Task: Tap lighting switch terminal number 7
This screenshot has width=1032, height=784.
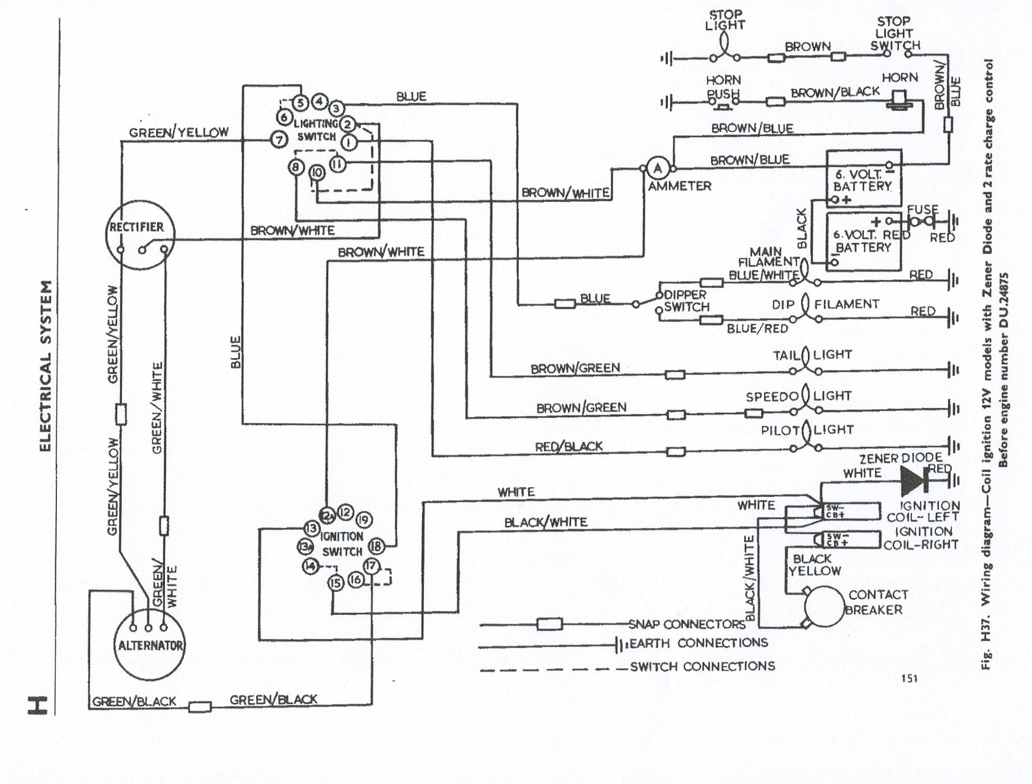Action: pos(278,140)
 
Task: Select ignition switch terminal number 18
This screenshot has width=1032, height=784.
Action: pos(377,546)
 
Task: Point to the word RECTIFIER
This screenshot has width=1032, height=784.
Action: pos(137,227)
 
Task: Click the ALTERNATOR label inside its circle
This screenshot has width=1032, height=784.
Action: pos(151,646)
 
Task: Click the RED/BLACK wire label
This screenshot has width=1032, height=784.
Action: pos(568,447)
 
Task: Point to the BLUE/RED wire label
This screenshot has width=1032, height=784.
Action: pos(757,329)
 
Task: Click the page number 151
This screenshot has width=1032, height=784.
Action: pos(909,678)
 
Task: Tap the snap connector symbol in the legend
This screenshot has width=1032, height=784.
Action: pos(550,624)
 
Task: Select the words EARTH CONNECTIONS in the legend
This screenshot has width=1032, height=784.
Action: pos(699,643)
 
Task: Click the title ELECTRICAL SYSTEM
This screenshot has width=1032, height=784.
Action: pos(46,365)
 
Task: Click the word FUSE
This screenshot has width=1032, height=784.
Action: pos(922,210)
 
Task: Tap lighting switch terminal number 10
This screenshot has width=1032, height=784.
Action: pos(316,173)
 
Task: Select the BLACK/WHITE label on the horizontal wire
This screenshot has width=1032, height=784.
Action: pos(546,522)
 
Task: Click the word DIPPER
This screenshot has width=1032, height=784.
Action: pos(686,294)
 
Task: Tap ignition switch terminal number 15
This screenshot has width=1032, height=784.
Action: pos(336,583)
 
